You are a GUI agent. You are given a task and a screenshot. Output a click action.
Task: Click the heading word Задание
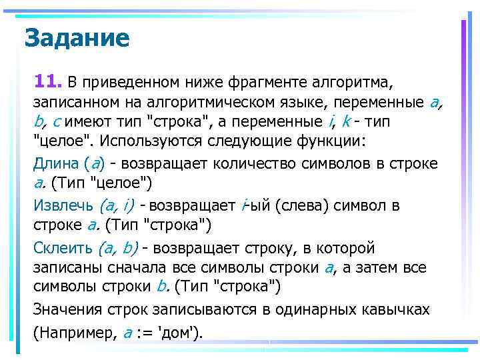coord(76,38)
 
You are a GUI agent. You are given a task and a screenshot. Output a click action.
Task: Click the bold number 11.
coord(47,82)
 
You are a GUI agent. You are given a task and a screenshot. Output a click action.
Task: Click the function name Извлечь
coord(63,206)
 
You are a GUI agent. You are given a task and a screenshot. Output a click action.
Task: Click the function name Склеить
coord(63,249)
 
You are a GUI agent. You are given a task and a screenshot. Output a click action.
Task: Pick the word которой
coord(349,249)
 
